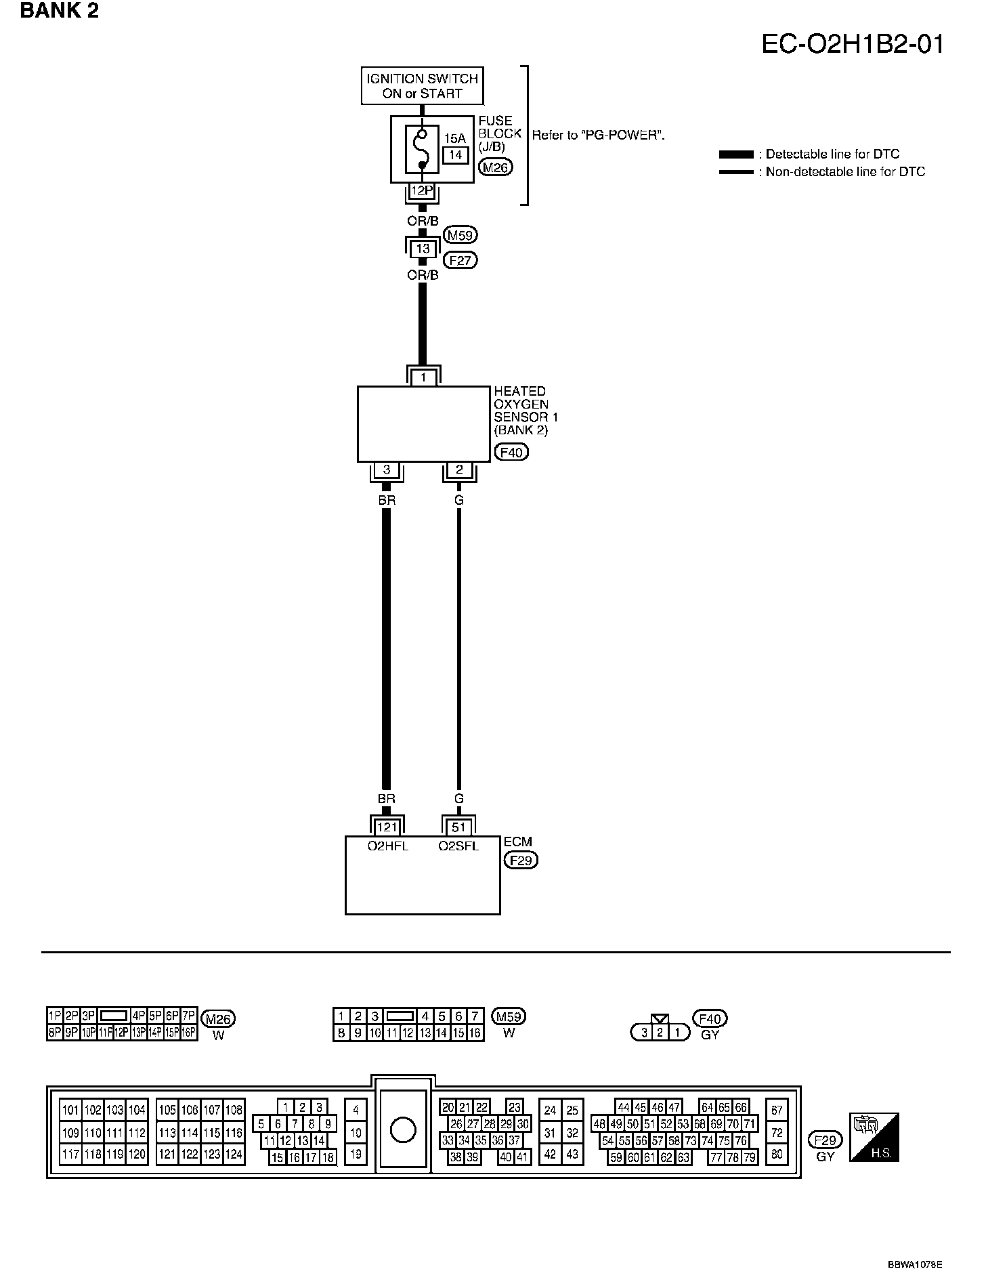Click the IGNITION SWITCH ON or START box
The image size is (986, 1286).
click(x=423, y=86)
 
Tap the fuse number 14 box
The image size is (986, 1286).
click(x=455, y=155)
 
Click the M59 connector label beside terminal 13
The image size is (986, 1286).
click(x=460, y=235)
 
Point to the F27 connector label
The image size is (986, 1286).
click(x=460, y=260)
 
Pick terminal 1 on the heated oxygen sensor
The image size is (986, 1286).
click(x=423, y=377)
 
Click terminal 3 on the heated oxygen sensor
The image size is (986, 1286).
click(x=387, y=470)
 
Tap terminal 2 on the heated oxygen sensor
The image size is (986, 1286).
click(x=459, y=470)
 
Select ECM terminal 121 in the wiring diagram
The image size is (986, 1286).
click(x=387, y=827)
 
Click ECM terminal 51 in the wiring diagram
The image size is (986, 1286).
click(x=459, y=827)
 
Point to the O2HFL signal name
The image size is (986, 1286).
click(x=388, y=846)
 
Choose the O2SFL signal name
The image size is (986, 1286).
click(x=458, y=846)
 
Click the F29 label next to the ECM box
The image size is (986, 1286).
click(x=521, y=860)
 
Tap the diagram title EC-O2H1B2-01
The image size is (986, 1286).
click(x=853, y=44)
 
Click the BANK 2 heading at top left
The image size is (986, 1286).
click(x=60, y=11)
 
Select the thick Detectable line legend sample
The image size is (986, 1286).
click(x=736, y=154)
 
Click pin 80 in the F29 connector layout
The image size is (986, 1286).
click(x=777, y=1154)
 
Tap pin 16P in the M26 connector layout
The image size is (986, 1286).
click(x=189, y=1033)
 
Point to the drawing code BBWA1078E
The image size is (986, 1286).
click(x=915, y=1265)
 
